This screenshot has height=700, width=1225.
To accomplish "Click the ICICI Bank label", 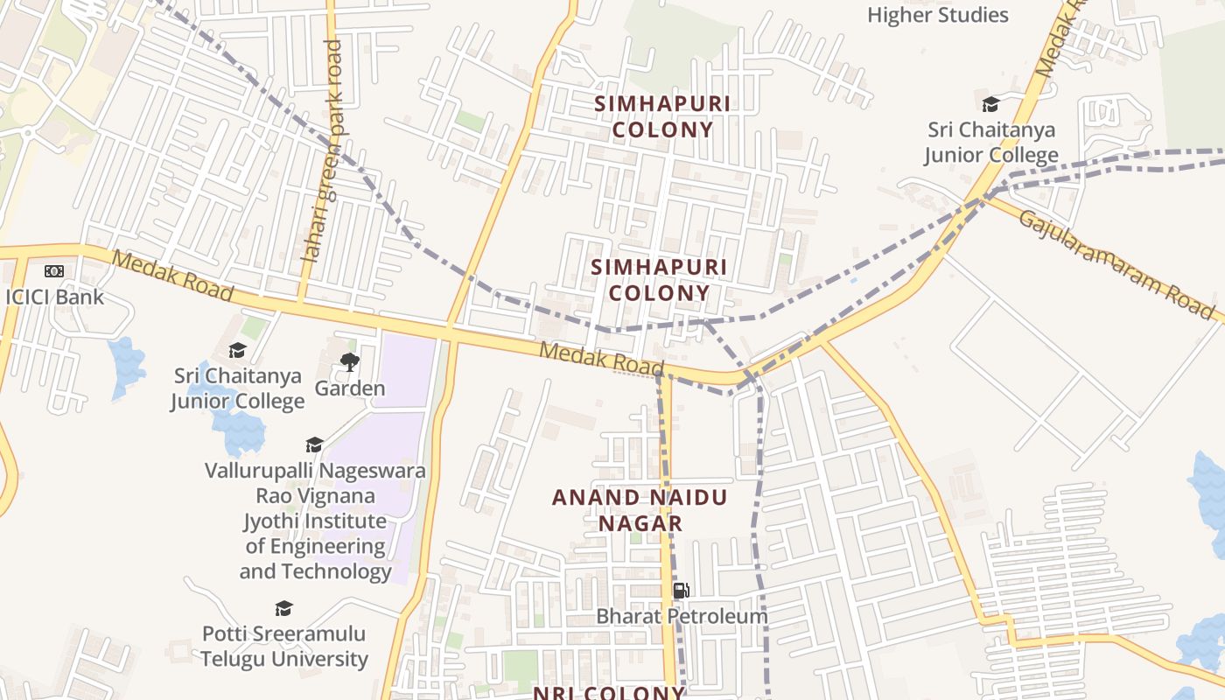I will point(54,297).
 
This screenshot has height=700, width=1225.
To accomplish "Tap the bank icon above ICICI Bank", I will point(54,271).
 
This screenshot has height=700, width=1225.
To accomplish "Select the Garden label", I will point(350,388).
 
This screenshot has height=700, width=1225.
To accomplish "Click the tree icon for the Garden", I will point(350,361).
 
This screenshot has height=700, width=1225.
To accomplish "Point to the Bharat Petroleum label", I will point(682,616).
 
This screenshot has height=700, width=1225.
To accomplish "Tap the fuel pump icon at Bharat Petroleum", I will point(682,591).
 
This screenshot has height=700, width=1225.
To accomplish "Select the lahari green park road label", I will point(321,150).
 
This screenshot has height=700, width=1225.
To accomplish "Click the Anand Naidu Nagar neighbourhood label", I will point(640,510).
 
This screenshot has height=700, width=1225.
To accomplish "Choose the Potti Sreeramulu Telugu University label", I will point(284,646).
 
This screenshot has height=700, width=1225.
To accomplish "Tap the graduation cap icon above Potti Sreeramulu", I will point(283,608).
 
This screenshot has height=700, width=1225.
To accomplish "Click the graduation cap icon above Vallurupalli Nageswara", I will point(314,445).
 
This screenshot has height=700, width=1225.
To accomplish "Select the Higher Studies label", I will point(938,15).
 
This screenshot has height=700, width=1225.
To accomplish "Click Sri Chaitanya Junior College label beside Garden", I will point(237,388).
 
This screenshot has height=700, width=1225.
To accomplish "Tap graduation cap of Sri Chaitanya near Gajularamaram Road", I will point(990,105).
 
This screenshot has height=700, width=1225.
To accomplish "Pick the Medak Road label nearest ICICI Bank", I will point(172,276).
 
